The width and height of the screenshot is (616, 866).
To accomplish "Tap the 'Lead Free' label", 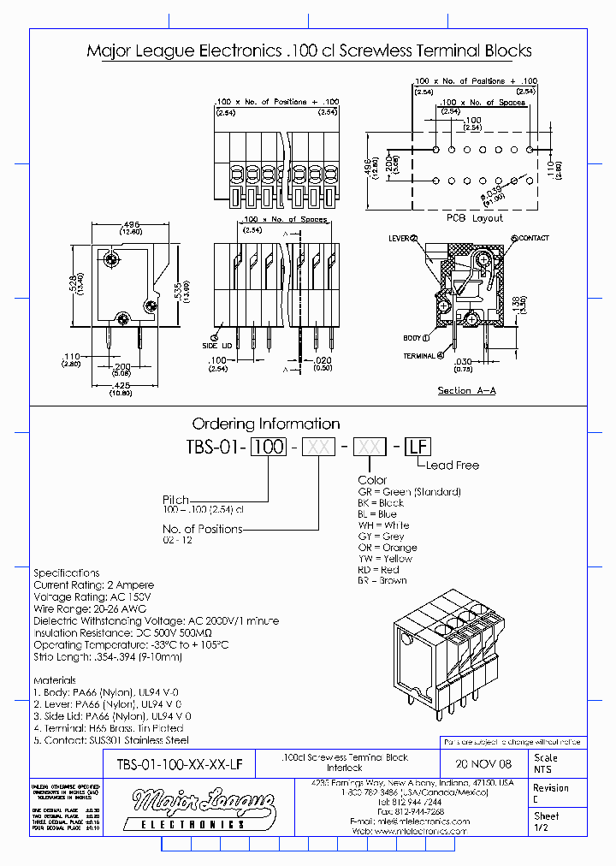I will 452,466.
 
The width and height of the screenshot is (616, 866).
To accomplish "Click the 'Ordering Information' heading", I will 265,424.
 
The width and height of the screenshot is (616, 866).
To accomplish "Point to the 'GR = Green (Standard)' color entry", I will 409,492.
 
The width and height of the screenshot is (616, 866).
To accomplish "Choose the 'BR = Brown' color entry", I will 382,581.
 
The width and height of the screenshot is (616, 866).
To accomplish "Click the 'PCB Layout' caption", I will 476,218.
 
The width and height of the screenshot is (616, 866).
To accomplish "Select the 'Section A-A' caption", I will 466,390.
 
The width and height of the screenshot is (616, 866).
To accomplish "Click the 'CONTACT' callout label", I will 532,238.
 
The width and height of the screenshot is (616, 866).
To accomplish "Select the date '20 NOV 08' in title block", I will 484,763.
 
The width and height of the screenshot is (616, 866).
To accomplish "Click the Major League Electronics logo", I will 203,810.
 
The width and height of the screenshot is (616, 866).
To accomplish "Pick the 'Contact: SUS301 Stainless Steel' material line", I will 111,739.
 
